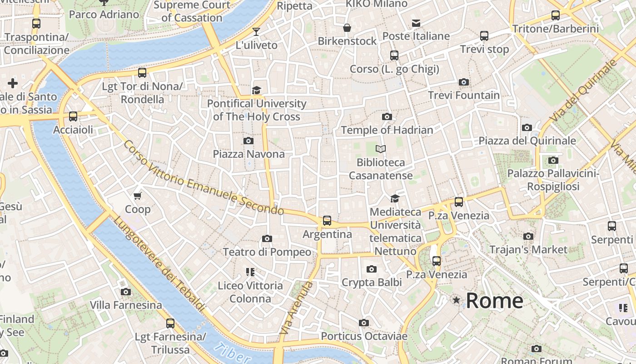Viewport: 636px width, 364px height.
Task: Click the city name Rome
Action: pyautogui.click(x=494, y=301)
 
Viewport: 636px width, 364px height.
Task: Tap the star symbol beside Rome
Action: pyautogui.click(x=456, y=300)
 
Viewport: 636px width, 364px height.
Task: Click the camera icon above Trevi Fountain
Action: pyautogui.click(x=464, y=82)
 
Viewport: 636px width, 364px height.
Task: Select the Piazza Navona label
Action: pyautogui.click(x=248, y=154)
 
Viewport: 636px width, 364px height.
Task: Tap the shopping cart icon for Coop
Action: pyautogui.click(x=138, y=196)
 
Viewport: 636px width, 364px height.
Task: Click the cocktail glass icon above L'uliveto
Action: pyautogui.click(x=256, y=32)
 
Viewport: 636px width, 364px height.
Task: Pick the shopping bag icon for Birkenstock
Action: pyautogui.click(x=347, y=28)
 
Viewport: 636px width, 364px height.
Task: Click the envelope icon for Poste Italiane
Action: pyautogui.click(x=416, y=23)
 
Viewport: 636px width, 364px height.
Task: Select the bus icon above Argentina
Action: pyautogui.click(x=327, y=221)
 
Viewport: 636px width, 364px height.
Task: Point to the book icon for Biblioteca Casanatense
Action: pyautogui.click(x=381, y=149)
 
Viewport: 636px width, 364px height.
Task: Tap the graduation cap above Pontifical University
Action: pyautogui.click(x=257, y=90)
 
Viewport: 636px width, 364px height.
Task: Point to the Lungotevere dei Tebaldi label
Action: pyautogui.click(x=159, y=264)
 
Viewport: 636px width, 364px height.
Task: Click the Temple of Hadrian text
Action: pyautogui.click(x=387, y=130)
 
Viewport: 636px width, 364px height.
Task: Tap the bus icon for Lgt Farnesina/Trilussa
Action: pyautogui.click(x=170, y=324)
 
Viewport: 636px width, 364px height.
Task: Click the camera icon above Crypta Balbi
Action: pyautogui.click(x=372, y=269)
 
